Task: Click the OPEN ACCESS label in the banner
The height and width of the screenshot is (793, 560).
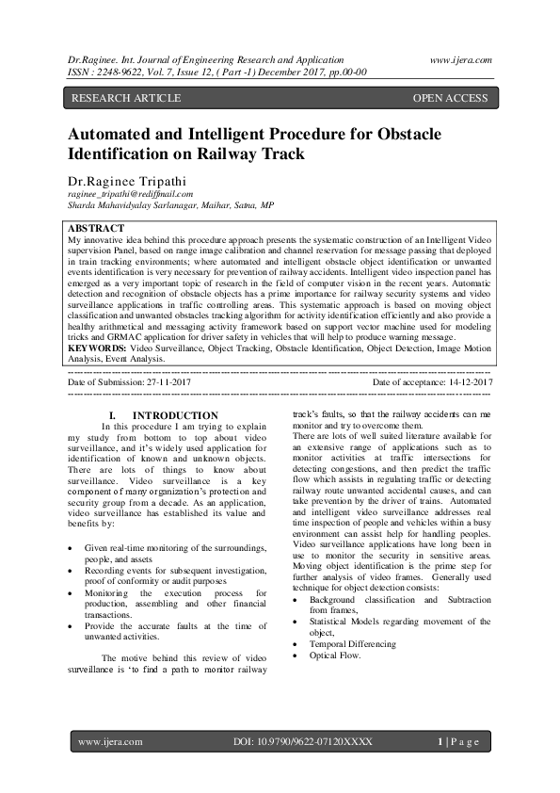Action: tap(450, 98)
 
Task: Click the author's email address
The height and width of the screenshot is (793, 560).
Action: tap(129, 193)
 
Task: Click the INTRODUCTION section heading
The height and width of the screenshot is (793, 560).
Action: tap(175, 415)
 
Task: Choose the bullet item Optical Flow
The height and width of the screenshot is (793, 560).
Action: tap(335, 655)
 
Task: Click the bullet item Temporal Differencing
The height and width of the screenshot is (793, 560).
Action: tap(353, 643)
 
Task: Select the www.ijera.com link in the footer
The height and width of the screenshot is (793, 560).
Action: tap(110, 742)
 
